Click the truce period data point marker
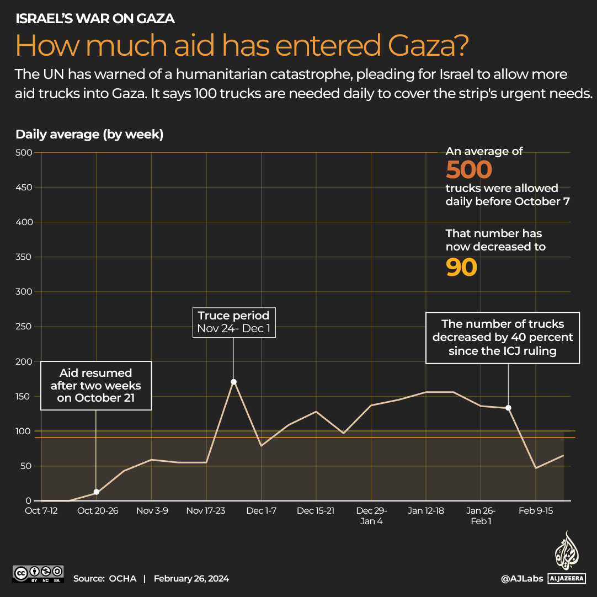point(233,382)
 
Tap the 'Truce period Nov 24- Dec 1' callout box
point(233,323)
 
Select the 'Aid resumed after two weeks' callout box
point(95,386)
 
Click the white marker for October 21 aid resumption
point(97,492)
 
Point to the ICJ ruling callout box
point(503,338)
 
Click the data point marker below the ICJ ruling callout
point(508,408)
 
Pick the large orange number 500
point(468,170)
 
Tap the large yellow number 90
point(461,268)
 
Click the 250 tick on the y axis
point(25,327)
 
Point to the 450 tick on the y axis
point(25,188)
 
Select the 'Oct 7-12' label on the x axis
point(41,511)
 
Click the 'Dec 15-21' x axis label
point(316,511)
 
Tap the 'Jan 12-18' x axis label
point(426,511)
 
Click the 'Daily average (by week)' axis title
point(89,135)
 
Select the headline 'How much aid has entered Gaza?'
point(242,46)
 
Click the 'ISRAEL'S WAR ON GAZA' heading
point(95,19)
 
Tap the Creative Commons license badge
point(38,573)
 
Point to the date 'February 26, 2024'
point(191,579)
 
